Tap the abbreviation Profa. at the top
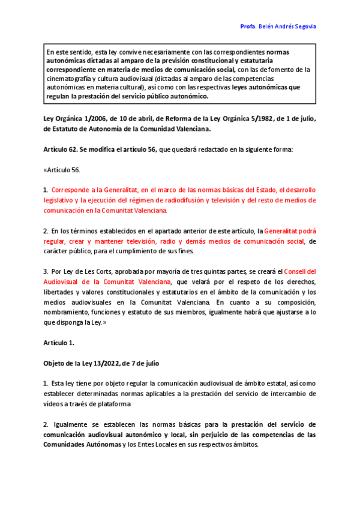coord(248,27)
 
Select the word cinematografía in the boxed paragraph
coord(69,79)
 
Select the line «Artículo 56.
coord(62,170)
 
